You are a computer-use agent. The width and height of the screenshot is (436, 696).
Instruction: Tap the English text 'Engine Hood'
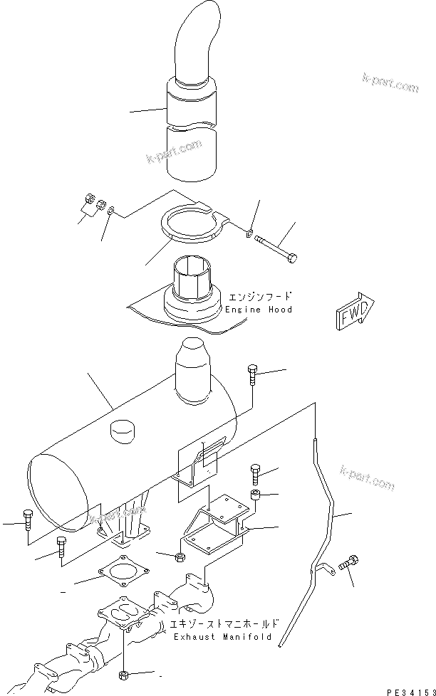pos(259,310)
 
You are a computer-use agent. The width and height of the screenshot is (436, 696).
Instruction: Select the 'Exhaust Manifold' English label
pos(222,636)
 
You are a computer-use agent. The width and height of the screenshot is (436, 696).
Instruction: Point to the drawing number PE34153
pos(405,689)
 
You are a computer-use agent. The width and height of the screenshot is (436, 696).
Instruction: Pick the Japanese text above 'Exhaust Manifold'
pos(224,623)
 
